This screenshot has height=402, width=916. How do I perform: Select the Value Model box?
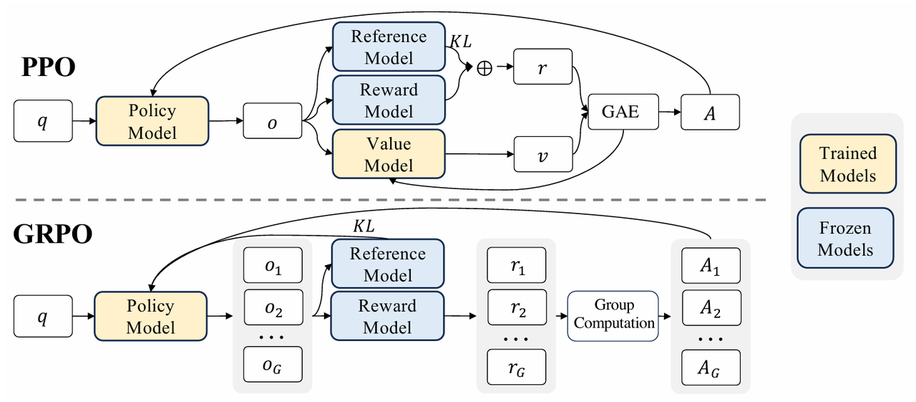coord(389,154)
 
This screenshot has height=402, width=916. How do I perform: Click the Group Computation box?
coord(614,315)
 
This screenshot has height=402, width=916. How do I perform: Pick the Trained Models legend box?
coord(847,164)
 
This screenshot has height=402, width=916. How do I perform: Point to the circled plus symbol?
coord(484,69)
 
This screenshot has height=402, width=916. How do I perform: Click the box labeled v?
coord(543,155)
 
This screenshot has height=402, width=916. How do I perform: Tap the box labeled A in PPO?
coord(710,113)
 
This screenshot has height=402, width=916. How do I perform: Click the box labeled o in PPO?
coord(273,122)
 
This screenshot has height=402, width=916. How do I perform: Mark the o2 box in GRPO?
coord(273,308)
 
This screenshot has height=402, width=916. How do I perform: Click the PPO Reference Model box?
coord(389,47)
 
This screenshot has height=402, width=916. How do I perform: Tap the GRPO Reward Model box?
coord(387,317)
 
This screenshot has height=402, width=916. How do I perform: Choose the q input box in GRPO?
coord(43,316)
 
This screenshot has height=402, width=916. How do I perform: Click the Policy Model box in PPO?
coord(152,121)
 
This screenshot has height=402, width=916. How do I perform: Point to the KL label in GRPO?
coord(364,226)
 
